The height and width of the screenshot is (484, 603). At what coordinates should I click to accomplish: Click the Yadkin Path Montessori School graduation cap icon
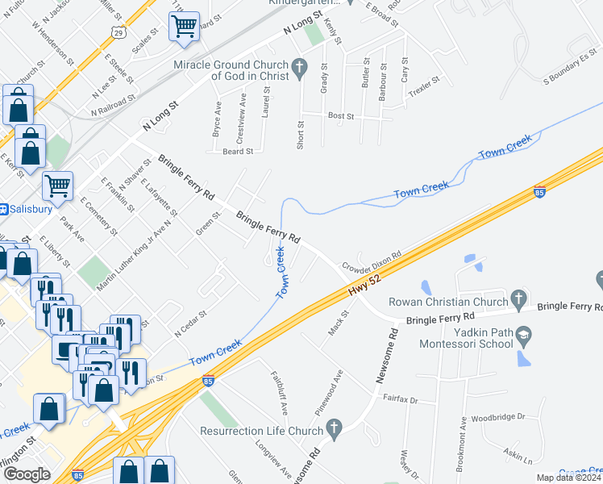point(525,335)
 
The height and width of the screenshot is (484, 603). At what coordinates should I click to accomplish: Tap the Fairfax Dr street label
point(399,398)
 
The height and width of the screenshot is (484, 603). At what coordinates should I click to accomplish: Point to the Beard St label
point(238,151)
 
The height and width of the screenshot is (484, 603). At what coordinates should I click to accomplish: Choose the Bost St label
point(340,116)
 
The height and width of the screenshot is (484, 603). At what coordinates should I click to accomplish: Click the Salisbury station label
point(31,208)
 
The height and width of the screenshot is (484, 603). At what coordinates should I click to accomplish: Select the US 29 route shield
point(118,32)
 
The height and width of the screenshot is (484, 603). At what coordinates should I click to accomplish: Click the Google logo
point(27,474)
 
